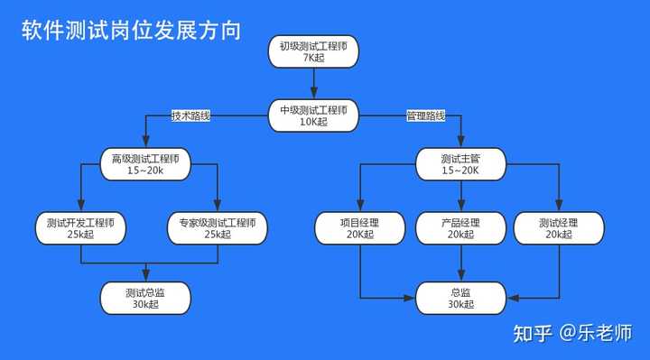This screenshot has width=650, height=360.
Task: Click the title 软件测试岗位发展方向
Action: click(x=131, y=30)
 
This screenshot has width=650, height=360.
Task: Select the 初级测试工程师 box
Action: click(x=313, y=51)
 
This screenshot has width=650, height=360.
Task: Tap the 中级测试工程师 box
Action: click(x=313, y=115)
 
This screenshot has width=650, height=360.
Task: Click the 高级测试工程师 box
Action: click(x=145, y=164)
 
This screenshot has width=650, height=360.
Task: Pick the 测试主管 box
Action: click(x=461, y=164)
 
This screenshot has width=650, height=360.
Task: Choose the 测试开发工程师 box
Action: click(x=80, y=228)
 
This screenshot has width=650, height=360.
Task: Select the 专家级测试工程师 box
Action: click(x=218, y=228)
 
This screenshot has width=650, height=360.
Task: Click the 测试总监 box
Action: click(x=145, y=298)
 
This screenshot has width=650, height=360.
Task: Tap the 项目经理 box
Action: click(x=360, y=228)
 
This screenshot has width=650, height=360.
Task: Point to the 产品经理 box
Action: click(x=461, y=228)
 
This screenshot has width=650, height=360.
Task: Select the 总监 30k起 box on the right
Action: click(x=461, y=298)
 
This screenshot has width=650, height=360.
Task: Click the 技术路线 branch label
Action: click(x=190, y=115)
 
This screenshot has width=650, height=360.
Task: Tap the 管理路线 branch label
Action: click(x=426, y=115)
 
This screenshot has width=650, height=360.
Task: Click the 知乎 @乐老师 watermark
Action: click(x=572, y=333)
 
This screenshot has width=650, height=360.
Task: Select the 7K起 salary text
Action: click(x=313, y=58)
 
